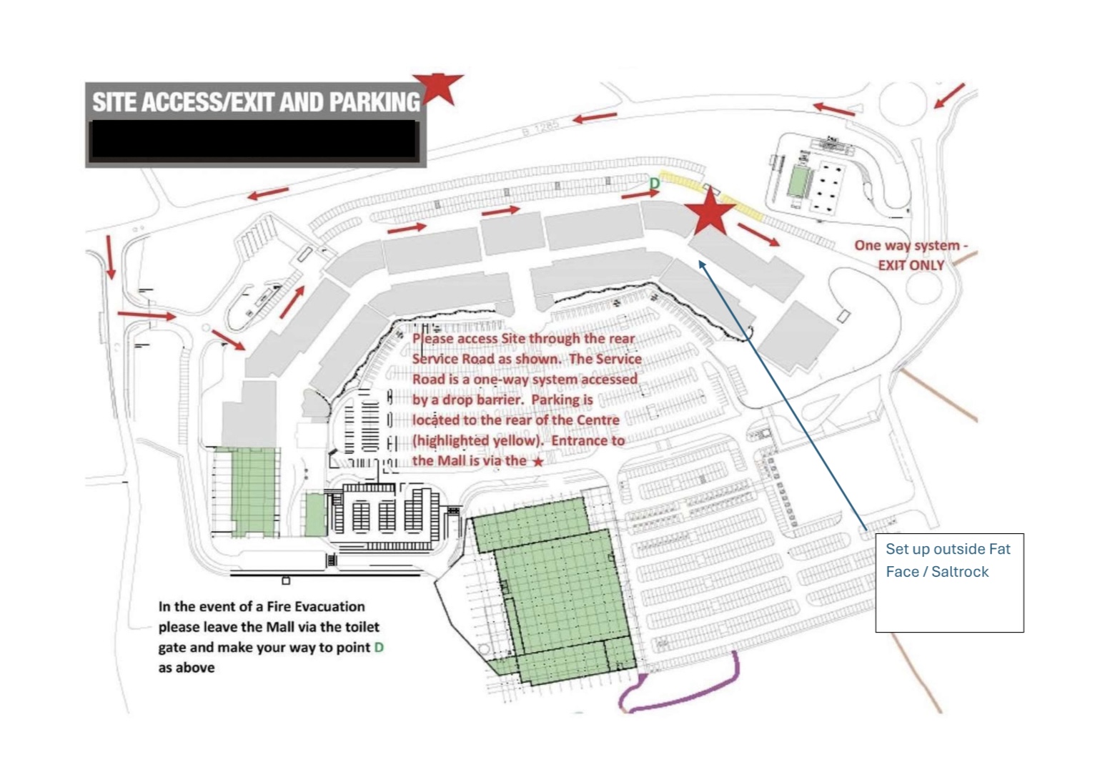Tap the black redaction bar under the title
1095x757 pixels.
[254, 139]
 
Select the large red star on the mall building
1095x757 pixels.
[710, 212]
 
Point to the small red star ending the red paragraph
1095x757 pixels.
[538, 462]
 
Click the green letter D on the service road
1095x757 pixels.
[654, 184]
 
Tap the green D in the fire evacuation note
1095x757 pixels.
[379, 648]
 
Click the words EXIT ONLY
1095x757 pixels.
[911, 265]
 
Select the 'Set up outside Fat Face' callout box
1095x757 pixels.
[949, 583]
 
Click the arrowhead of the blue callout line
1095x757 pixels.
[702, 264]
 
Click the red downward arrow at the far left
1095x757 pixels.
[110, 257]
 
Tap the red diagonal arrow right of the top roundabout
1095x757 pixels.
[950, 96]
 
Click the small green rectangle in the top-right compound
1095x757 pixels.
[797, 180]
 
